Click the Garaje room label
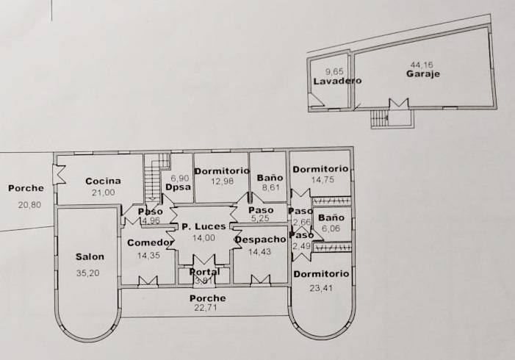pyautogui.click(x=423, y=73)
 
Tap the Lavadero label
pyautogui.click(x=337, y=81)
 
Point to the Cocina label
pyautogui.click(x=103, y=181)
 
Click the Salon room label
pyautogui.click(x=90, y=257)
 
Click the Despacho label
pyautogui.click(x=259, y=240)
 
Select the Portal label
pyautogui.click(x=204, y=272)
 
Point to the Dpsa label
pyautogui.click(x=179, y=187)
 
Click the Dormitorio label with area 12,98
pyautogui.click(x=221, y=171)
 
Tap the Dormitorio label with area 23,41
pyautogui.click(x=321, y=275)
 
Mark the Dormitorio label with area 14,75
pyautogui.click(x=321, y=170)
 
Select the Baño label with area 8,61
pyautogui.click(x=270, y=178)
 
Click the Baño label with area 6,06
pyautogui.click(x=331, y=218)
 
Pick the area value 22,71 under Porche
pyautogui.click(x=206, y=309)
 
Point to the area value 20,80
pyautogui.click(x=27, y=205)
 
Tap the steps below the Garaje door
pyautogui.click(x=379, y=118)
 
